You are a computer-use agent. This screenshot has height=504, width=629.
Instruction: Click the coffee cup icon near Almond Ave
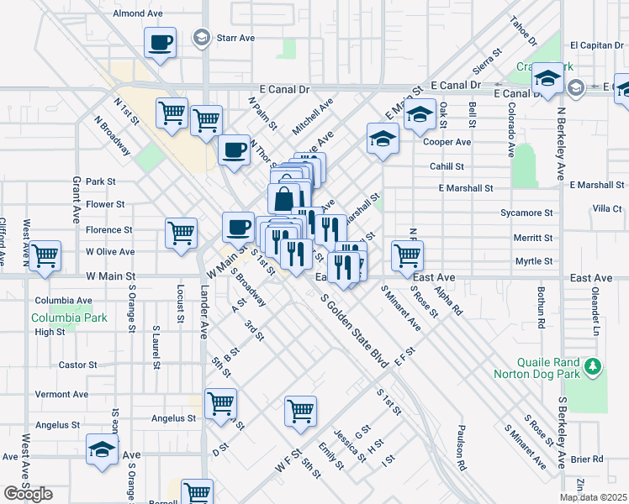(160, 41)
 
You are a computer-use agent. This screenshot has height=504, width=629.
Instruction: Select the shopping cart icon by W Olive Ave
(45, 255)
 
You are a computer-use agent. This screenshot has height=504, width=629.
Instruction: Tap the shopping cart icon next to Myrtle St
(407, 254)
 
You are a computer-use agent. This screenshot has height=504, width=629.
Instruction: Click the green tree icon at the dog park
(594, 367)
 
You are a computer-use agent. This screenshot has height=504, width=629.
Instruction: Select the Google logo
(28, 494)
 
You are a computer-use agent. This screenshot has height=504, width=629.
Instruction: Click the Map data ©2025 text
(593, 497)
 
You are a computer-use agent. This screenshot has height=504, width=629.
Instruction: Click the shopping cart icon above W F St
(300, 411)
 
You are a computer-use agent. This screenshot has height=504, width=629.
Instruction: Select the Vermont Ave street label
(61, 394)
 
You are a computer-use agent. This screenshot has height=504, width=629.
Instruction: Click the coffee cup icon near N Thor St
(234, 150)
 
